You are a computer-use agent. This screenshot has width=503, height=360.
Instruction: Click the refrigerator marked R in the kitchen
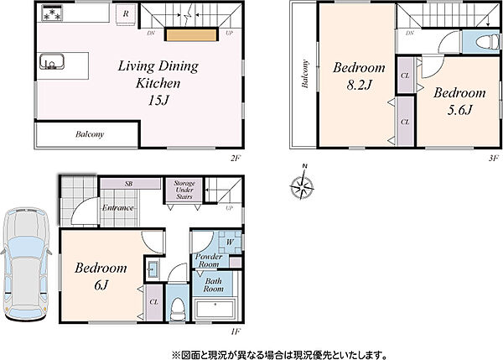coord(126,14)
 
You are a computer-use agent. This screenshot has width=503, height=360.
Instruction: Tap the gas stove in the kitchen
coord(52,13)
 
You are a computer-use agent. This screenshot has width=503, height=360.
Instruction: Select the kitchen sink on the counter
coord(52,61)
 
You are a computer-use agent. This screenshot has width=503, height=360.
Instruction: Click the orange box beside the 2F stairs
coord(192,34)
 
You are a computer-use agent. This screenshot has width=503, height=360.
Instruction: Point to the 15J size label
coord(158,101)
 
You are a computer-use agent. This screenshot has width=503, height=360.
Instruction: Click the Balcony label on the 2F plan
coord(90,134)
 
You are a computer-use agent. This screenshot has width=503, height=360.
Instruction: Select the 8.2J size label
coord(359,85)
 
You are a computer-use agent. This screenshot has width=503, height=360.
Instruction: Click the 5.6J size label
coord(459,110)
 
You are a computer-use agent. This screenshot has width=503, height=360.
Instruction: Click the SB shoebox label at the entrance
coord(128,184)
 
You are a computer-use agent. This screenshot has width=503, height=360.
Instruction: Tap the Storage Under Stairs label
coord(184,190)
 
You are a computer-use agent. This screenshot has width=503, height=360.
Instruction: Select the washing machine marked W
coord(230,242)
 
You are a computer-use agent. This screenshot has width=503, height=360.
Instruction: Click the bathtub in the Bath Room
coord(215,310)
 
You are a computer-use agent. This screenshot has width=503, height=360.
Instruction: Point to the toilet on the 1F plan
coord(178,308)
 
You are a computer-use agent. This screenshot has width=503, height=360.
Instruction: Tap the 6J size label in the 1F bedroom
coord(101,284)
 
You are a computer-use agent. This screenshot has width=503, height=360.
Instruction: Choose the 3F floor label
coord(494,158)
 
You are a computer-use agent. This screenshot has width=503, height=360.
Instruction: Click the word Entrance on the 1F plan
coord(117,208)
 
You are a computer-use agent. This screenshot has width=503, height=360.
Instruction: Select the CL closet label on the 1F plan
coord(154,302)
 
